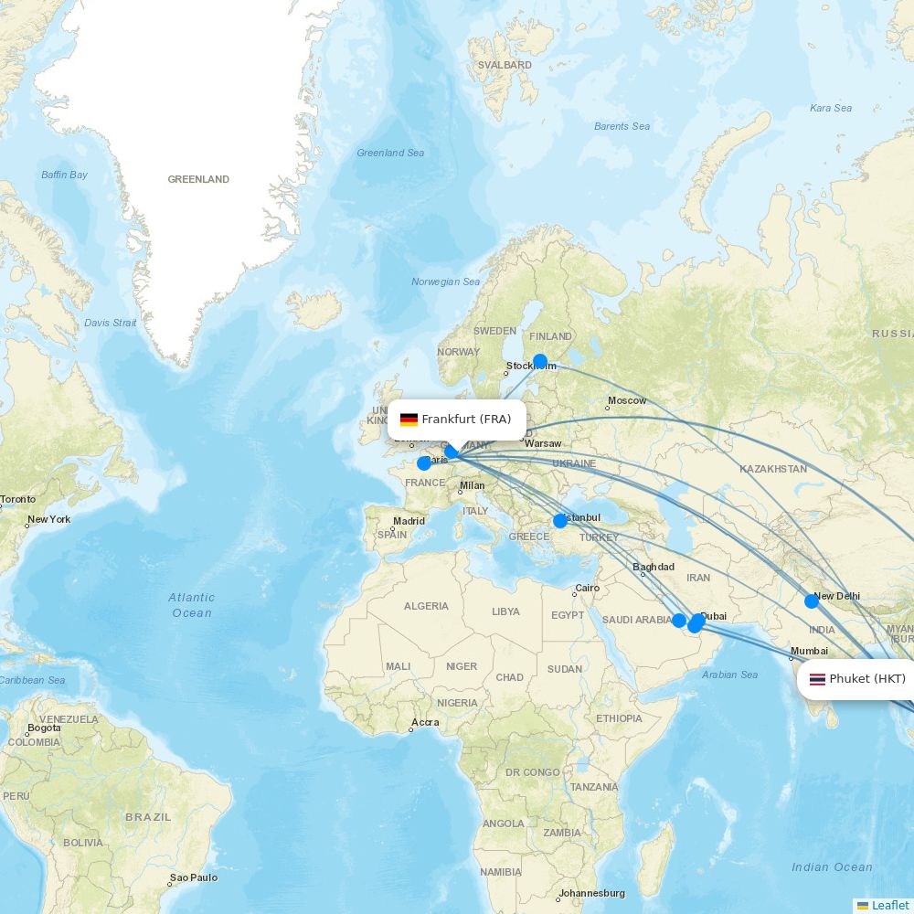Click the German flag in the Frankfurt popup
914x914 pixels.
click(409, 420)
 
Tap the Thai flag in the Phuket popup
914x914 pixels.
click(817, 679)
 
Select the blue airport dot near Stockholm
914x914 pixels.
click(540, 361)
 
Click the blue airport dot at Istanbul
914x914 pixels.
click(560, 521)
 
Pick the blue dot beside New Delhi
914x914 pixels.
click(812, 601)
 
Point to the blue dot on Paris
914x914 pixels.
click(424, 463)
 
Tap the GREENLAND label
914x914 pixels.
click(198, 179)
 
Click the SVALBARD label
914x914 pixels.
click(505, 65)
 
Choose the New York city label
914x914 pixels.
click(48, 519)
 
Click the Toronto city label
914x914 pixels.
click(18, 499)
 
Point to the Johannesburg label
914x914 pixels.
click(592, 893)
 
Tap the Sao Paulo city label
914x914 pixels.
click(194, 877)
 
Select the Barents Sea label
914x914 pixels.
click(622, 126)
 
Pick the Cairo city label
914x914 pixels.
click(587, 589)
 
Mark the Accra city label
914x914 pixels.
click(425, 722)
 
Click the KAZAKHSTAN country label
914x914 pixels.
click(773, 469)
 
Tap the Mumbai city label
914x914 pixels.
click(809, 651)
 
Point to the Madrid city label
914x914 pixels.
click(409, 521)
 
